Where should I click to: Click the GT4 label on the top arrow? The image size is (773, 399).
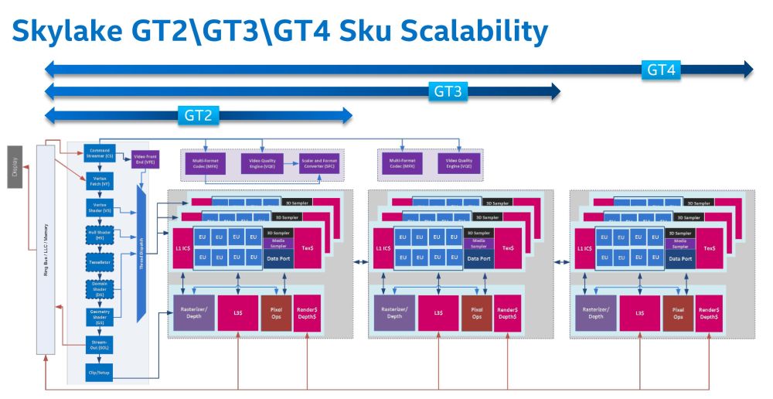(662, 70)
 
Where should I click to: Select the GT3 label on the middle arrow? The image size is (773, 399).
(448, 92)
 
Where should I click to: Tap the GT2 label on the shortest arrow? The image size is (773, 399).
(199, 116)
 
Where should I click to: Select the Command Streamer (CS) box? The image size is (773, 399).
(99, 153)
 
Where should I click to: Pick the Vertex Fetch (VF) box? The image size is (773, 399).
(99, 181)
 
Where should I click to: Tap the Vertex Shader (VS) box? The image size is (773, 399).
(99, 207)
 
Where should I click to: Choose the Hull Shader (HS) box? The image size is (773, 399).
(99, 234)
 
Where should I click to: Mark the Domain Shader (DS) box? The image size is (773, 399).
(99, 288)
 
